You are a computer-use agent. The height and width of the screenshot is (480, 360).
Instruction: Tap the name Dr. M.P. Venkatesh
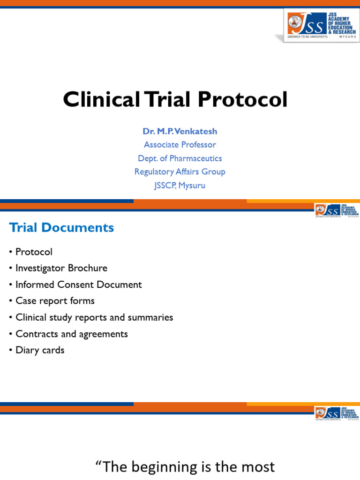coord(180,131)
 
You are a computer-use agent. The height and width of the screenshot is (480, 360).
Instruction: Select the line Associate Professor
coord(180,145)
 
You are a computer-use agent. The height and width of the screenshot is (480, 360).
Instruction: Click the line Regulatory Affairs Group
coord(180,172)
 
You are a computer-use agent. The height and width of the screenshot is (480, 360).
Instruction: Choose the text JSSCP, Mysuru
coord(180,185)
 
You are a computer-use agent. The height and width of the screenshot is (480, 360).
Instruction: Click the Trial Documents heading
coord(61,228)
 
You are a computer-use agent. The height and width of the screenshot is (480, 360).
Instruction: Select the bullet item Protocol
coord(34,252)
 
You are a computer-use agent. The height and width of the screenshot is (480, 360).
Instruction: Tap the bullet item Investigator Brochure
coord(61,268)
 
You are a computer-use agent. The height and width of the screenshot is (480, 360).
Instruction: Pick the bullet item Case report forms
coord(55,301)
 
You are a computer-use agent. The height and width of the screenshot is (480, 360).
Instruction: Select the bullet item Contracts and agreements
coord(71,334)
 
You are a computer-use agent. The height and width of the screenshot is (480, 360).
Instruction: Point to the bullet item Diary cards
coord(40,350)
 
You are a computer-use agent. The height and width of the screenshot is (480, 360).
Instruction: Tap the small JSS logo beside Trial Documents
coord(336,211)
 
